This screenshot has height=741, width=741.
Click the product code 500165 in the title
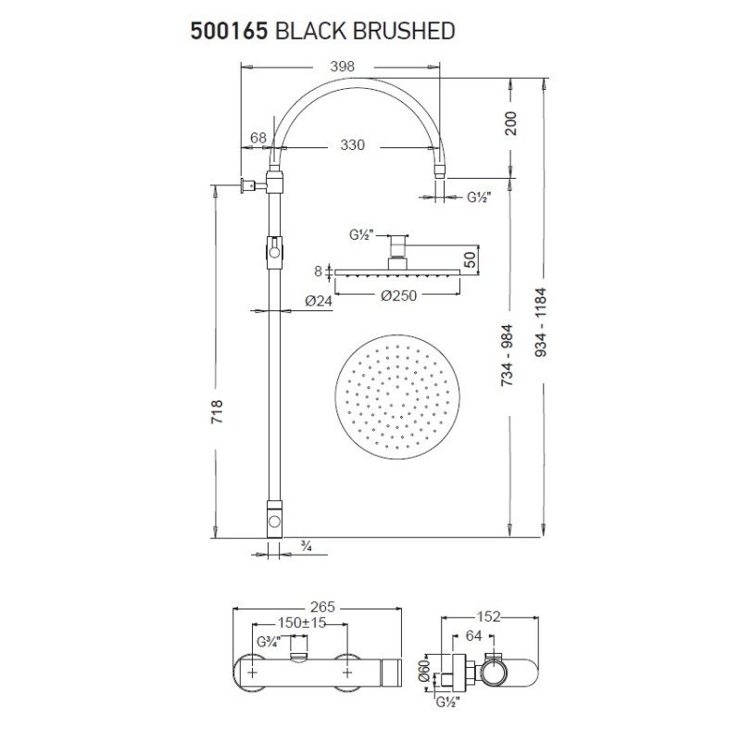pyautogui.click(x=229, y=31)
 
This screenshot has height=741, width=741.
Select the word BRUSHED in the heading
pyautogui.click(x=404, y=31)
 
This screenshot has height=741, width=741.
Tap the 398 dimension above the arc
pyautogui.click(x=342, y=67)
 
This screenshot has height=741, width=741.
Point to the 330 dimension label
pyautogui.click(x=353, y=144)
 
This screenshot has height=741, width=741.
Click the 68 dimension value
pyautogui.click(x=258, y=137)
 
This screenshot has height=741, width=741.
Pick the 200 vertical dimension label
pyautogui.click(x=511, y=123)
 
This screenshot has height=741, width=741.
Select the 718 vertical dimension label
pyautogui.click(x=217, y=411)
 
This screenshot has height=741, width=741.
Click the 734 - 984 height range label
pyautogui.click(x=508, y=356)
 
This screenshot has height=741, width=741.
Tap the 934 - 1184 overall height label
pyautogui.click(x=542, y=321)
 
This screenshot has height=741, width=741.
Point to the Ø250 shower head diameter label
pyautogui.click(x=399, y=295)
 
